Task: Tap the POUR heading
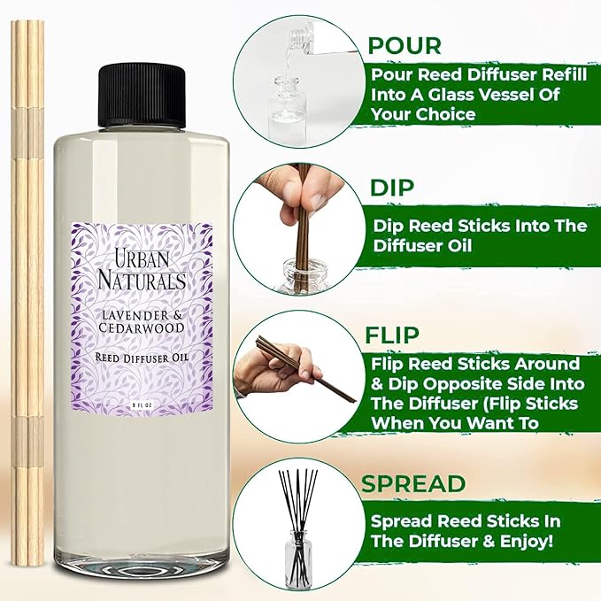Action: click(x=405, y=44)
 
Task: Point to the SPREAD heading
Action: click(x=412, y=483)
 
